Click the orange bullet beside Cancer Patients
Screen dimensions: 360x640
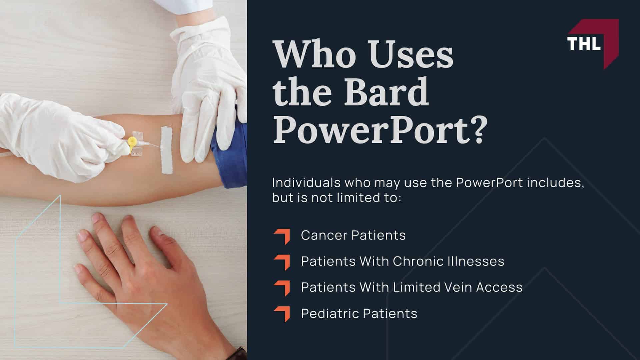tap(282, 236)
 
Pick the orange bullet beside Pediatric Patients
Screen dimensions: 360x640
tap(282, 314)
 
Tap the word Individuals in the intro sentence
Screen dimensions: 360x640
tap(306, 183)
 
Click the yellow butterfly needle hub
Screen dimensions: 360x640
tap(132, 142)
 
